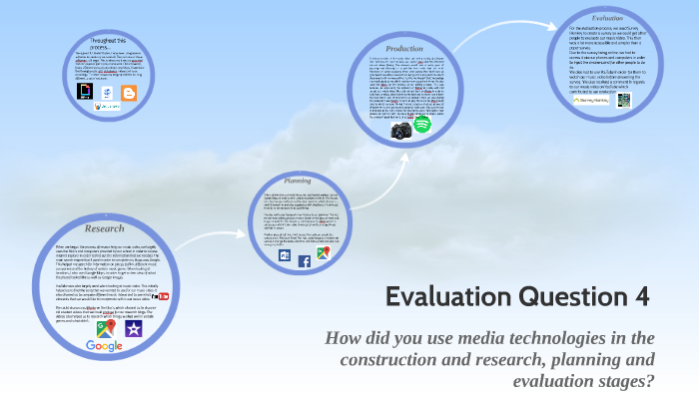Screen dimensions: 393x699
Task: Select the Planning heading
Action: coord(299,181)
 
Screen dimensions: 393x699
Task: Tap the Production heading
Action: coord(404,48)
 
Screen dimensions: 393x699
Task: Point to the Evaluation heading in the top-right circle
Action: coord(607,18)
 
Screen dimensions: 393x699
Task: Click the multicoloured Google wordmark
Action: coord(104,346)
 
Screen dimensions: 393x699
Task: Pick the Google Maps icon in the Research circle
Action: coord(105,326)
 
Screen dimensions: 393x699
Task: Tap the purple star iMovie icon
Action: coord(133,328)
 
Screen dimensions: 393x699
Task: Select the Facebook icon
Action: coord(305,262)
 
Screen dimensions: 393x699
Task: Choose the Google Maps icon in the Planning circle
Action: coord(324,253)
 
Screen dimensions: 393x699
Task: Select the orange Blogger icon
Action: coord(128,94)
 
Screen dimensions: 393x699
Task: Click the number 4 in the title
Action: coord(643,296)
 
